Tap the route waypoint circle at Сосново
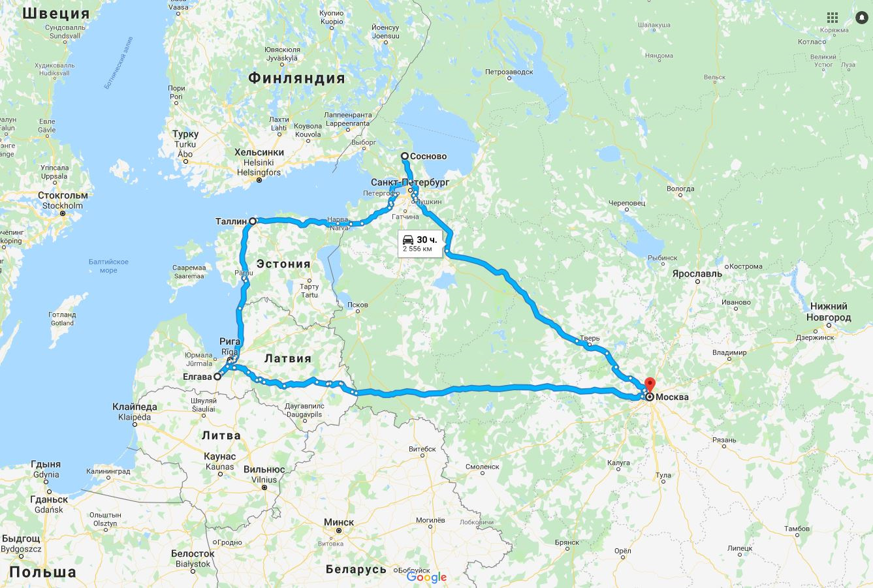(405, 156)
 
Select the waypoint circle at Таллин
(253, 221)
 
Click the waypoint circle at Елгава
(217, 377)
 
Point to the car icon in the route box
(408, 239)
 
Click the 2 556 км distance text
(417, 249)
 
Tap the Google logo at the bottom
(426, 577)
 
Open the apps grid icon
(833, 18)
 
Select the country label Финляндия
(296, 78)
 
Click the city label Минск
(339, 522)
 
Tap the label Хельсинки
(259, 152)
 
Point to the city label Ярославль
(697, 273)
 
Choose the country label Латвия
(288, 358)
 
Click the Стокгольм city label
(63, 195)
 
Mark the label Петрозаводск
(509, 72)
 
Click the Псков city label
(358, 305)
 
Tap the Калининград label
(108, 471)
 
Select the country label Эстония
(283, 264)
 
